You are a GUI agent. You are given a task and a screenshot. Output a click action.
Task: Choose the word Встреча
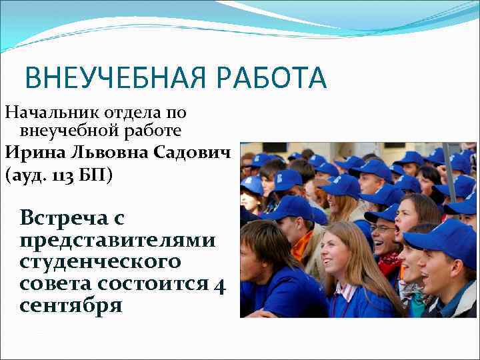63,218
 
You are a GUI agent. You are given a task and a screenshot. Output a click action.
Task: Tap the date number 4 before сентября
220,284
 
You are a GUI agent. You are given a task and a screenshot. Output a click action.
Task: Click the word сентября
71,306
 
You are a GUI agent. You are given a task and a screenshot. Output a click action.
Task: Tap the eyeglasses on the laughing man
383,229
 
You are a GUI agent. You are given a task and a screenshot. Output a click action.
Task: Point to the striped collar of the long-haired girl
345,291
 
